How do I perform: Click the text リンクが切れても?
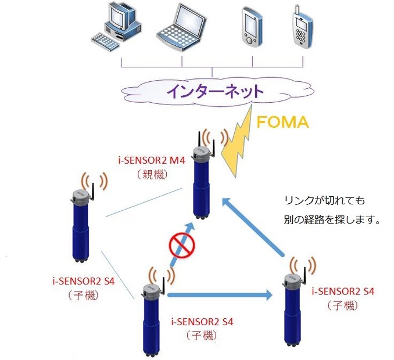click(x=324, y=201)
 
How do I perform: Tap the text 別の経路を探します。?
click(x=328, y=220)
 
